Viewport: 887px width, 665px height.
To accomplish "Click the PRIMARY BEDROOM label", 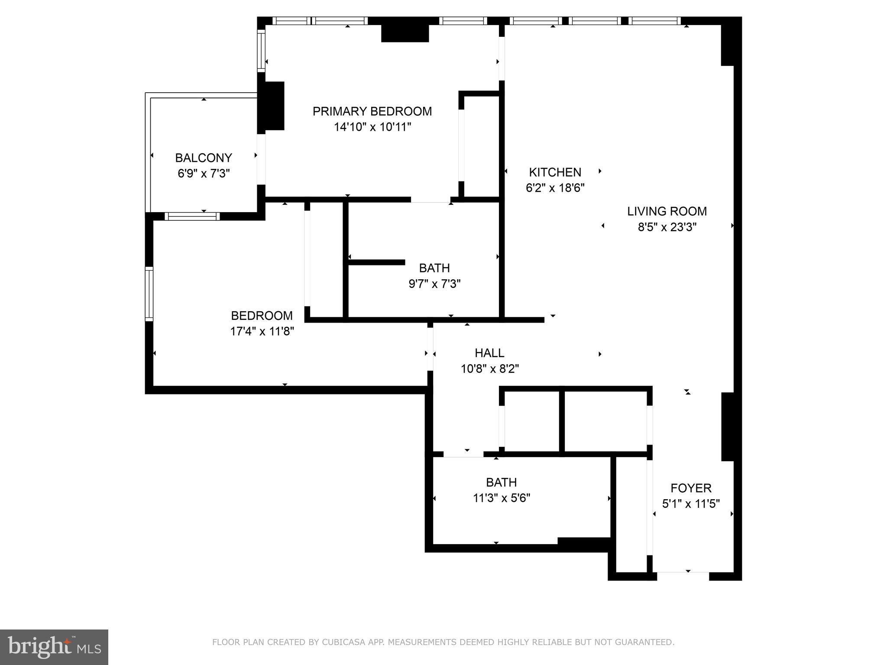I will point(372,111).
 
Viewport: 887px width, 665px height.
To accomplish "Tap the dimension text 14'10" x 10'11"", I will point(372,127).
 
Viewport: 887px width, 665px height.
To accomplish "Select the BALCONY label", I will point(204,158).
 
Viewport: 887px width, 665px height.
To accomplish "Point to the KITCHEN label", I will point(555,172).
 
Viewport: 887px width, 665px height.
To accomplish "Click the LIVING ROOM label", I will point(667,211).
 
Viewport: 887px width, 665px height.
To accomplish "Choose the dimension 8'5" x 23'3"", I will point(667,227).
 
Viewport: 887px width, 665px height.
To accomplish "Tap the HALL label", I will point(489,353).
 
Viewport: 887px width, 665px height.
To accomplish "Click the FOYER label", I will point(691,488).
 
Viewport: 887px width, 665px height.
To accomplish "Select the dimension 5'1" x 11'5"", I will point(691,504).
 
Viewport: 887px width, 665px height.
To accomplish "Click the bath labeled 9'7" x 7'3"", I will point(434,268).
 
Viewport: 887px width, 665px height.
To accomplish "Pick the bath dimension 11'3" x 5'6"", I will point(502,498).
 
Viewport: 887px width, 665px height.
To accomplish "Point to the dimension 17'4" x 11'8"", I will point(262,332).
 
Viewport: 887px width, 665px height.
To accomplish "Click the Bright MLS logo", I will point(54,647).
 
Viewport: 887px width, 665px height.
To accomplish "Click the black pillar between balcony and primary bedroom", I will point(271,106).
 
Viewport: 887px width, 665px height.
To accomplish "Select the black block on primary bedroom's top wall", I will point(405,33).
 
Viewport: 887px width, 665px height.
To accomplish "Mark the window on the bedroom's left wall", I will point(149,294).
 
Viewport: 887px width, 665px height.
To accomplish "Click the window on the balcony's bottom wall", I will point(192,216).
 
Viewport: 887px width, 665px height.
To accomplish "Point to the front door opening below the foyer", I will point(683,576).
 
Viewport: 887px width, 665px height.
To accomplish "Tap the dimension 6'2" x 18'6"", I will point(555,188).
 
